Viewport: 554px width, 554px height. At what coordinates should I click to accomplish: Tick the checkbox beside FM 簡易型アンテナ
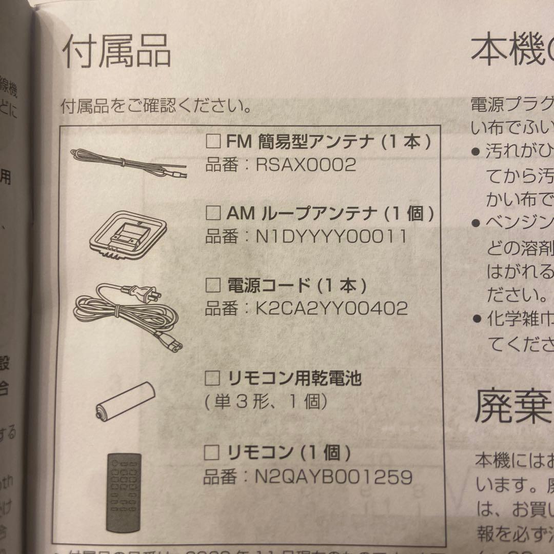(x=213, y=142)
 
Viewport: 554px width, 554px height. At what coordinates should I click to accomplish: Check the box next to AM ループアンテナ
(x=213, y=212)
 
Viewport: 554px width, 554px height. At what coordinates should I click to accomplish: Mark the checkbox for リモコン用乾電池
(x=212, y=379)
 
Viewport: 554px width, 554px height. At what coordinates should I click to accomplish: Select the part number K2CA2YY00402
(x=331, y=308)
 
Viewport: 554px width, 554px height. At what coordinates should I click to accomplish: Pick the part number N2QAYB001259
(x=333, y=477)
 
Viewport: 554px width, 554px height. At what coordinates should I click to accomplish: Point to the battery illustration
(x=125, y=400)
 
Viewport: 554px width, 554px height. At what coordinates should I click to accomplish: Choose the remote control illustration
(x=124, y=491)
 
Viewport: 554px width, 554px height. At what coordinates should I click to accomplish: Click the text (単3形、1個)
(x=266, y=402)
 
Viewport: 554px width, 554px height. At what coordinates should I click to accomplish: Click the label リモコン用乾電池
(x=294, y=379)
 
